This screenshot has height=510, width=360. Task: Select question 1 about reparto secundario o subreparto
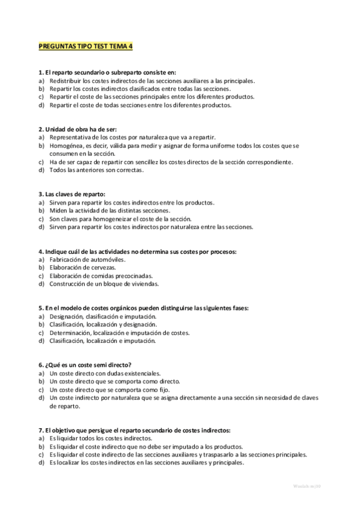tap(107, 72)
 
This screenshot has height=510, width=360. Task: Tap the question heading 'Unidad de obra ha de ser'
tap(78, 129)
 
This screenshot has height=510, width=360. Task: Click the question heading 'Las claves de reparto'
tap(72, 194)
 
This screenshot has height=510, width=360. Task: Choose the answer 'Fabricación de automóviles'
tap(87, 259)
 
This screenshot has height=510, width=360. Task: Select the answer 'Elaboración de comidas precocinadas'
tap(101, 275)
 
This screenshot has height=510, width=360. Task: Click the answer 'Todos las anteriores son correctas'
tap(97, 170)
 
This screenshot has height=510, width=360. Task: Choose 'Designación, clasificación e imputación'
tap(103, 316)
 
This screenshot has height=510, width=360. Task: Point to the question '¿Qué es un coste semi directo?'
tap(85, 365)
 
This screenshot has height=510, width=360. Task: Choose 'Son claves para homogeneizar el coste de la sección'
tap(120, 219)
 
